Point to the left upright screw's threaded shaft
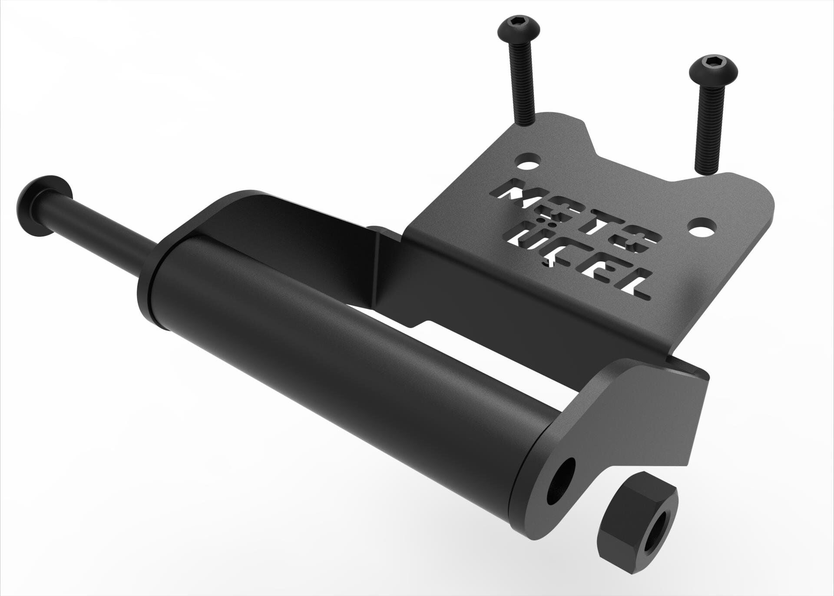click(522, 82)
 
